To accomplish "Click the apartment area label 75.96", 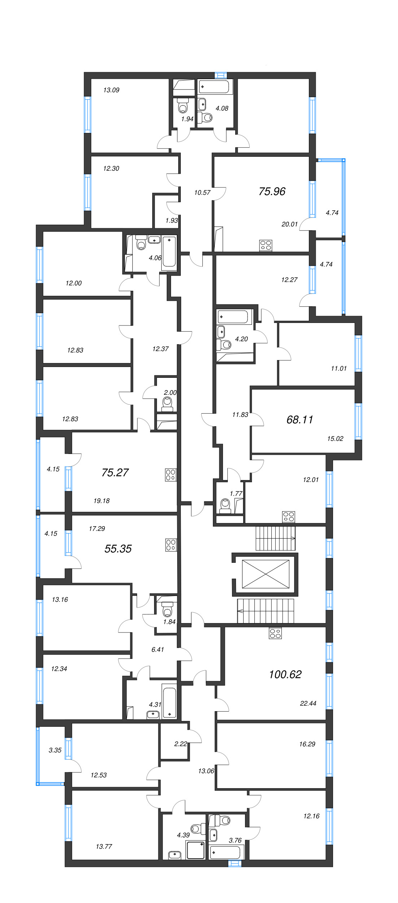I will point(272,191).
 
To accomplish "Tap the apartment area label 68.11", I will point(299,419).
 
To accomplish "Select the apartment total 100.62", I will point(285,674).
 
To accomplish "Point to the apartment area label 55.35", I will point(118,549).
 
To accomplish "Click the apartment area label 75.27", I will point(115,472).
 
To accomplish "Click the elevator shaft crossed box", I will point(266,574).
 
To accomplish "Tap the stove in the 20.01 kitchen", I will point(266,246).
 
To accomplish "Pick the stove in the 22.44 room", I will point(275,633).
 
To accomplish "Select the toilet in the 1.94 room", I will point(183,106).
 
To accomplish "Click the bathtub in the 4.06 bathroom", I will point(169,251).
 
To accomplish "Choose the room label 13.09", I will point(111,90).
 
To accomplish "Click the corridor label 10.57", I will point(202,193).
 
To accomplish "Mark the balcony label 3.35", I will point(55,750).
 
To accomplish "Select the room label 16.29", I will point(307,744).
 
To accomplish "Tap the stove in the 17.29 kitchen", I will point(171,545).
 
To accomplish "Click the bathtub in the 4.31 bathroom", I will point(169,703).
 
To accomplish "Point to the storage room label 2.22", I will point(180,744).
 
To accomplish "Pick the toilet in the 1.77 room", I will point(226,505).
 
